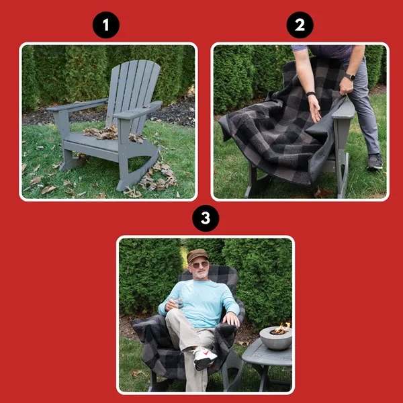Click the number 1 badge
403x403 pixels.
105,26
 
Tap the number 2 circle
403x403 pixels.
300,26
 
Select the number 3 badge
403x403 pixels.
205,219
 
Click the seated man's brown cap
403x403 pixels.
197,255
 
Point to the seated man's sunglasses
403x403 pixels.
199,265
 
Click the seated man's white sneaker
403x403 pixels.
204,358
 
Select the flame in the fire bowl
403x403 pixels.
281,328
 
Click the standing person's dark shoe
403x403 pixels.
375,161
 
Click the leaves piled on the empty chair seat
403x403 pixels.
101,132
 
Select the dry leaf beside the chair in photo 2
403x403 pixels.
324,193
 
